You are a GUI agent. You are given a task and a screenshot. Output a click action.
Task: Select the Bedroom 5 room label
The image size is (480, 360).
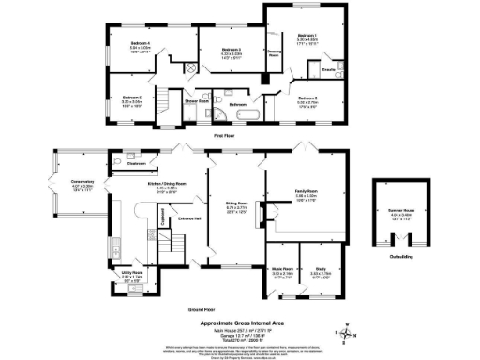(131, 97)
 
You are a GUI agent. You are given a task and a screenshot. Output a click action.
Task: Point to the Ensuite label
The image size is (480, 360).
(329, 71)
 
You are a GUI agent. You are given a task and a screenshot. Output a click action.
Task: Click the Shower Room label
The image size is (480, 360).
(195, 99)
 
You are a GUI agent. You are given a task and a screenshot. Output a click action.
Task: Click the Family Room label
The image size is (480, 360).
(307, 194)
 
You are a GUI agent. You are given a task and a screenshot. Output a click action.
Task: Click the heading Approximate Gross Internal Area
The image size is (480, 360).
(240, 322)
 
